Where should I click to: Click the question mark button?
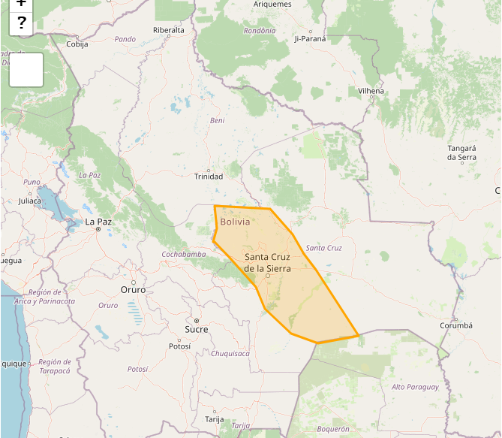tap(22, 23)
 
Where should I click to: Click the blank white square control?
tap(26, 70)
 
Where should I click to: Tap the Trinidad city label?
tap(209, 177)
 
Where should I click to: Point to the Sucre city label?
tap(197, 330)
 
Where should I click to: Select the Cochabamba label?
tap(184, 255)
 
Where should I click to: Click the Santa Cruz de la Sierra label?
tap(267, 262)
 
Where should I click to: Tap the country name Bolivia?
tap(235, 222)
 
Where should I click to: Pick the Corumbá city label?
tap(456, 325)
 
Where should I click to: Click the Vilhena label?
tap(371, 91)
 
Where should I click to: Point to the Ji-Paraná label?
tap(311, 38)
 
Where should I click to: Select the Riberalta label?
tap(168, 30)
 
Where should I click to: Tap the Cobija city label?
tap(77, 44)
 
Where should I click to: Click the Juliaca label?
tap(31, 201)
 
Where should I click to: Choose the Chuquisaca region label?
tap(230, 353)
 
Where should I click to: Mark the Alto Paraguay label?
tap(415, 387)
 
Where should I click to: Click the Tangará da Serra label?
tap(461, 153)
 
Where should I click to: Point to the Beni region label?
tap(218, 120)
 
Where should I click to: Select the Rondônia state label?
tap(260, 31)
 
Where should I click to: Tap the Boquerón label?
tap(333, 429)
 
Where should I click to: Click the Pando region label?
tap(125, 39)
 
